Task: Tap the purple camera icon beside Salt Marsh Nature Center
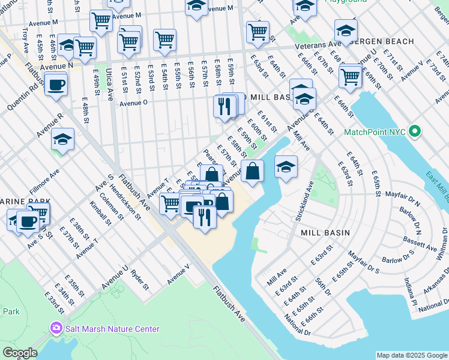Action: (56, 328)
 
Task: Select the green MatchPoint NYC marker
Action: (414, 131)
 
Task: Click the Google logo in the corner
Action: (19, 353)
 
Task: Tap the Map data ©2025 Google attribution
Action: (412, 355)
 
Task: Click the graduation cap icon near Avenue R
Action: (62, 140)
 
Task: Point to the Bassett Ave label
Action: (420, 246)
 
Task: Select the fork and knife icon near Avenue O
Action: (223, 107)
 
